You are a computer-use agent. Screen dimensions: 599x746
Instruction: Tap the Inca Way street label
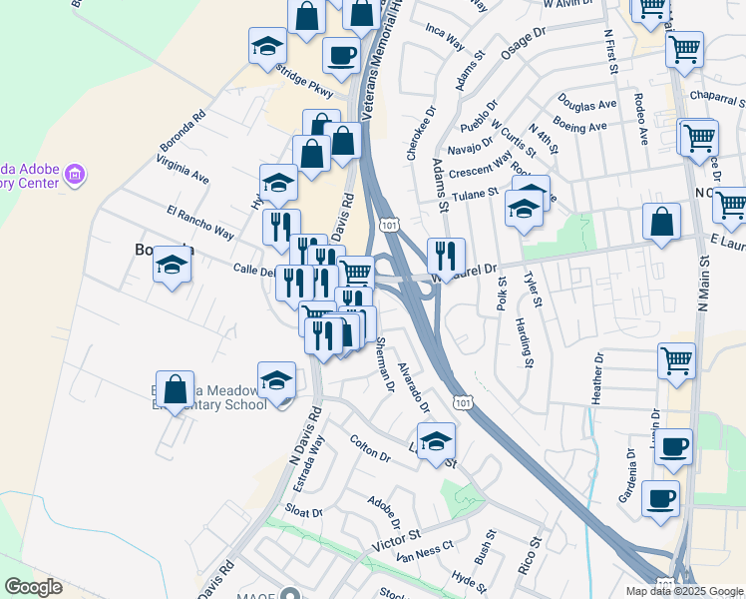tap(445, 39)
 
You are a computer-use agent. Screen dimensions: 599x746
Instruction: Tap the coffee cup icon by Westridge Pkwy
tap(341, 56)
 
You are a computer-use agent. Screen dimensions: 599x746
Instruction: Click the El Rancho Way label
tap(200, 224)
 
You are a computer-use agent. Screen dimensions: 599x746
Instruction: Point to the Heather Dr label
tap(598, 376)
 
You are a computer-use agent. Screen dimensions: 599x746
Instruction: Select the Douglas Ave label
tap(587, 105)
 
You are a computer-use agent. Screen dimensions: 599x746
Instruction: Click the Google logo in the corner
tap(33, 587)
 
